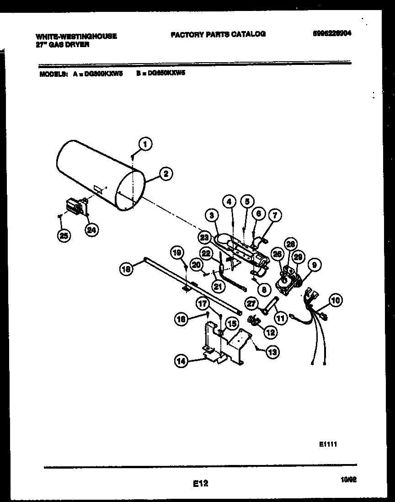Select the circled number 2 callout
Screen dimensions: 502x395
(x=165, y=173)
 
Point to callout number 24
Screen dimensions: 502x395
(x=92, y=230)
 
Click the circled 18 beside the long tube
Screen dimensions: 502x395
(x=126, y=270)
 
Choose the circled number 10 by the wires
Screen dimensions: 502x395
(x=335, y=300)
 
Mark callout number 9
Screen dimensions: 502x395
(x=314, y=264)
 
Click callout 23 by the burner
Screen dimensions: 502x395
(x=204, y=237)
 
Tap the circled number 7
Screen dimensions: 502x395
(x=275, y=214)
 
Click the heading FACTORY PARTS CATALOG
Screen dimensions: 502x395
(x=218, y=34)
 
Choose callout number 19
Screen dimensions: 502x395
(x=177, y=252)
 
